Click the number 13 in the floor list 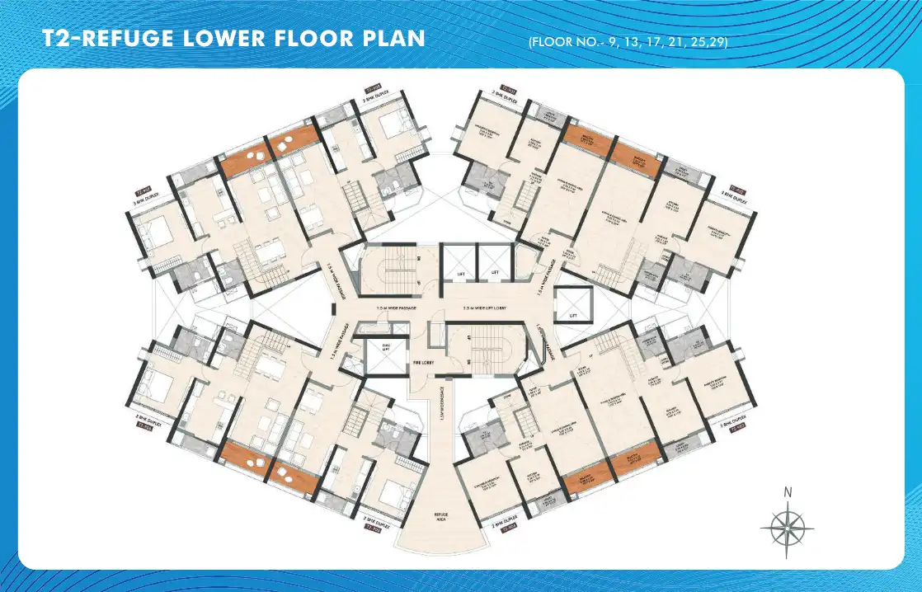pyautogui.click(x=631, y=41)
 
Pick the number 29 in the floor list pyautogui.click(x=716, y=41)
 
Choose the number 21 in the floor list pyautogui.click(x=676, y=41)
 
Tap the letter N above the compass pyautogui.click(x=788, y=493)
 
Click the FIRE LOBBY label pyautogui.click(x=424, y=362)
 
